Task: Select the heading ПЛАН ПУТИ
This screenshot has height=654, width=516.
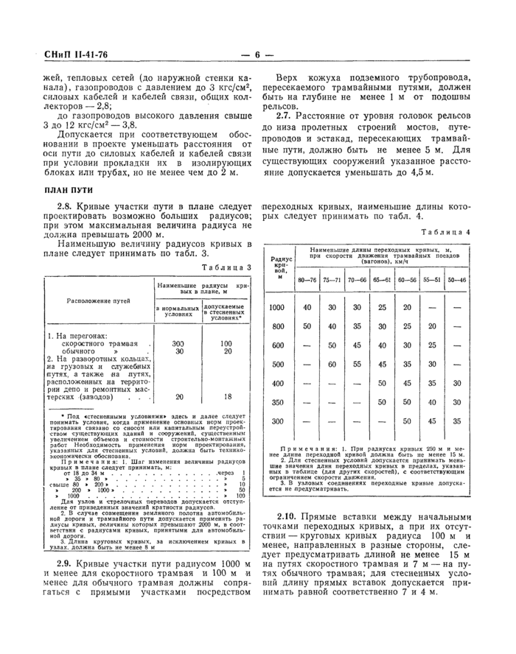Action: [66, 190]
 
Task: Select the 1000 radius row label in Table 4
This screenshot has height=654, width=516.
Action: [277, 307]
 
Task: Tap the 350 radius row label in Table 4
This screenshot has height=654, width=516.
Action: [277, 402]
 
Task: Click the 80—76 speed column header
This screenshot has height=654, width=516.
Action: [307, 280]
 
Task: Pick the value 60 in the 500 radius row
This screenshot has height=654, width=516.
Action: [332, 364]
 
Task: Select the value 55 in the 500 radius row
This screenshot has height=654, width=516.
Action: [357, 364]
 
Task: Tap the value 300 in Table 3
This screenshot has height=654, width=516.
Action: [178, 344]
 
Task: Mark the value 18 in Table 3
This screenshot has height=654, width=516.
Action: [226, 396]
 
